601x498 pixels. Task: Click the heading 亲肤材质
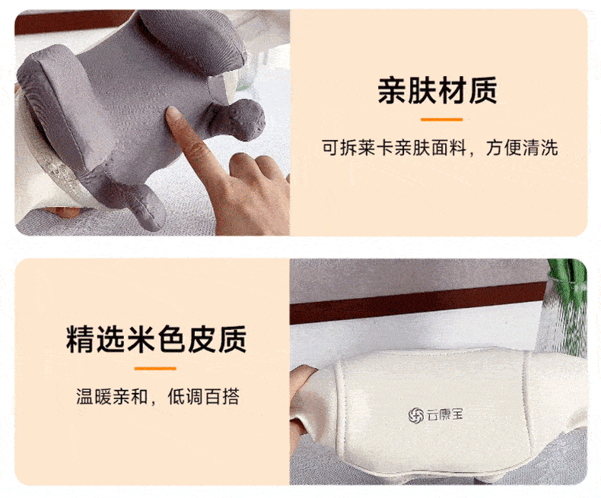(x=437, y=90)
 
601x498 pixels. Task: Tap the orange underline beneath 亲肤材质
(x=441, y=119)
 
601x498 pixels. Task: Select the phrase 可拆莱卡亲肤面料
(x=394, y=147)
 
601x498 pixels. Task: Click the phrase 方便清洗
(x=522, y=147)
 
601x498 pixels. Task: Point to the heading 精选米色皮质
(x=156, y=339)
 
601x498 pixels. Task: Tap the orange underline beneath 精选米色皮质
(x=155, y=369)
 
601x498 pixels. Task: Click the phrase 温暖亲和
(x=112, y=396)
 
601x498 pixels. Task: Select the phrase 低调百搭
(x=204, y=396)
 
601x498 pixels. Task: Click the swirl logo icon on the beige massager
(x=415, y=416)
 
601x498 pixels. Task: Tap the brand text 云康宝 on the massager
(x=444, y=414)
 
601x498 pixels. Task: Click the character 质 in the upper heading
(x=483, y=90)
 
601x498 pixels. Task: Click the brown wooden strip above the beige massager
(x=418, y=304)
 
